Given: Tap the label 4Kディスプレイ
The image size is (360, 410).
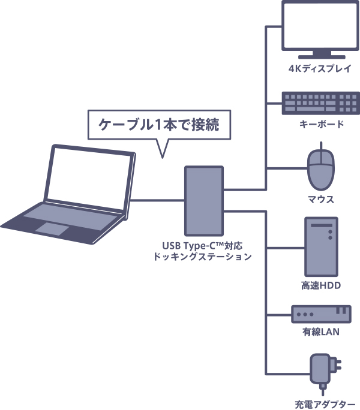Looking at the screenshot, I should click(x=320, y=68).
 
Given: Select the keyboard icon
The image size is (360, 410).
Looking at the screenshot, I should click(x=320, y=103).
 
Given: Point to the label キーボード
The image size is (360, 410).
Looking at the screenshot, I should click(x=321, y=125).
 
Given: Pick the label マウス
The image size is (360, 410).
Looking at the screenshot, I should click(x=321, y=199).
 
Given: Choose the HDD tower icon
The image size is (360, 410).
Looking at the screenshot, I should click(x=321, y=246).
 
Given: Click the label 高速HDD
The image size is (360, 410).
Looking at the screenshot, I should click(x=321, y=286).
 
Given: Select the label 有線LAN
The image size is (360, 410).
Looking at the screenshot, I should click(x=321, y=331).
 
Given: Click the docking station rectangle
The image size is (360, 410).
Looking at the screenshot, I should click(x=204, y=200).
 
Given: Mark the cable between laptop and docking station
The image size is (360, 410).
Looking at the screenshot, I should click(x=157, y=200).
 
